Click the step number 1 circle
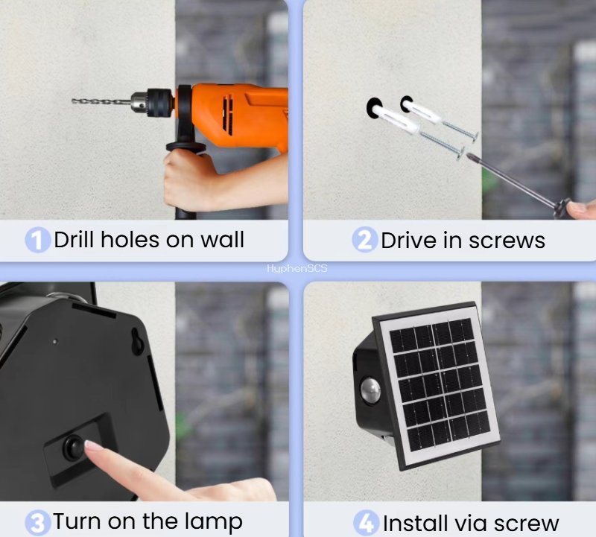click(37, 241)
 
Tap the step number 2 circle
click(365, 241)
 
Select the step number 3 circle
click(37, 521)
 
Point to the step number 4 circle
click(366, 523)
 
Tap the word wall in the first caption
click(222, 240)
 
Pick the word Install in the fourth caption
click(413, 523)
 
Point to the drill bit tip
click(74, 101)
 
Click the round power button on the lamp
click(73, 447)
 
